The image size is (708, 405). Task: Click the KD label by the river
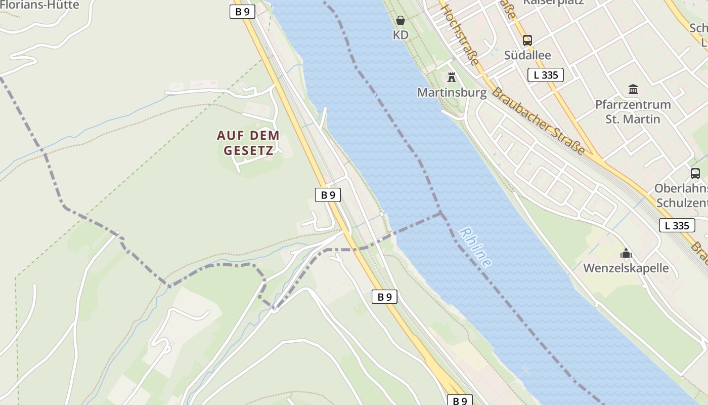coord(401,35)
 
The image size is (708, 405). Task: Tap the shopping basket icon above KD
coord(401,21)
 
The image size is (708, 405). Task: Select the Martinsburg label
coord(452,93)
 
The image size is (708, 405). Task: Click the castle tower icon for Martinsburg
coord(452,77)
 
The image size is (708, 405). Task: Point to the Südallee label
coord(527,55)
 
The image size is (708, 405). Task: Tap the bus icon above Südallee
coord(527,40)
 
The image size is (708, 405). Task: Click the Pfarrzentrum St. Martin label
coord(633,112)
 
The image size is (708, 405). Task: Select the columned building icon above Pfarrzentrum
coord(633,90)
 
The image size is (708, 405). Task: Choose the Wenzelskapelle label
coord(626,268)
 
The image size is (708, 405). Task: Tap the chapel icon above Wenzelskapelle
coord(626,253)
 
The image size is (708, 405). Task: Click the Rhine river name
coord(475,247)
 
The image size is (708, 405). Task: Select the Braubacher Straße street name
coord(539,121)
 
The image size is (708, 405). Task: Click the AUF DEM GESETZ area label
coord(248,143)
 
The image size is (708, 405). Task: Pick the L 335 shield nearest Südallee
coord(546,75)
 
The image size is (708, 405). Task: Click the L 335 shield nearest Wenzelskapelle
coord(677,225)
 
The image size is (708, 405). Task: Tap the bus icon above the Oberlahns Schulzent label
coord(695,174)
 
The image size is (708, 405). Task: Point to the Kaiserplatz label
coord(553,2)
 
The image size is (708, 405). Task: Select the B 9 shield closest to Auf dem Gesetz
coord(328,194)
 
